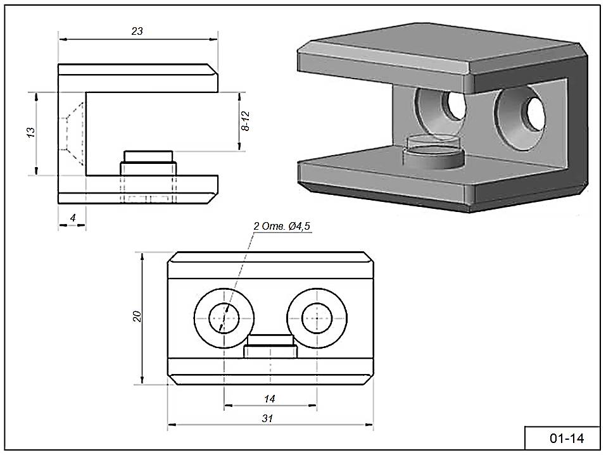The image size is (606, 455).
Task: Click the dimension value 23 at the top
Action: pyautogui.click(x=137, y=31)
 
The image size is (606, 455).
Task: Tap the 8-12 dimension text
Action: pyautogui.click(x=246, y=120)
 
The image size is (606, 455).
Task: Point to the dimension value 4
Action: pyautogui.click(x=73, y=218)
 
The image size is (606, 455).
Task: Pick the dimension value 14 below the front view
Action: pyautogui.click(x=270, y=399)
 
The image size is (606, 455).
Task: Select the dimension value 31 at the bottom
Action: pyautogui.click(x=267, y=419)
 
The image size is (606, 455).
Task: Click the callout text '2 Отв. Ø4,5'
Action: pyautogui.click(x=282, y=226)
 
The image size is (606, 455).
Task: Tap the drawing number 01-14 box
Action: pyautogui.click(x=562, y=438)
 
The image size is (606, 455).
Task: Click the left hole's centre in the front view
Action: pyautogui.click(x=224, y=318)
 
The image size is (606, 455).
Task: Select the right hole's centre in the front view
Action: pyautogui.click(x=317, y=318)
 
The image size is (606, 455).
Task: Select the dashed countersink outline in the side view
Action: pyautogui.click(x=73, y=131)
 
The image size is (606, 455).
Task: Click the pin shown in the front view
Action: pyautogui.click(x=270, y=347)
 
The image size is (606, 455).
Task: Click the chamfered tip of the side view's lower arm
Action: pyautogui.click(x=213, y=190)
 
